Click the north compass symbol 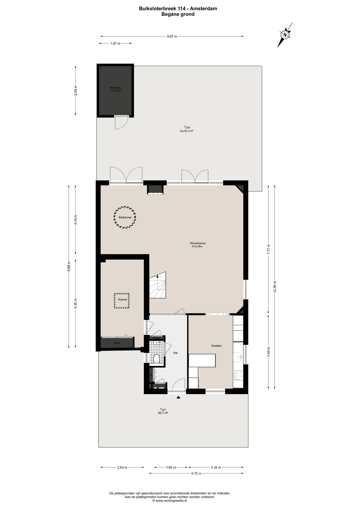(x=285, y=35)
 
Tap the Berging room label (x=116, y=87)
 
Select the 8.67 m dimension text (x=172, y=37)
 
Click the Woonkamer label (x=198, y=243)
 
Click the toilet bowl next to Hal (x=156, y=359)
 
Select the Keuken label (x=216, y=346)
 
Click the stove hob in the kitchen (x=239, y=375)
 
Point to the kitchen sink (x=238, y=357)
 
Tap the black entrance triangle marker (x=178, y=397)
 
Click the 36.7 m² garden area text (x=163, y=413)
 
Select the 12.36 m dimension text (x=275, y=287)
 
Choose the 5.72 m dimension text (x=196, y=473)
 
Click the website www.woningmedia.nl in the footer (x=171, y=501)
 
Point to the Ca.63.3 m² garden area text (x=187, y=131)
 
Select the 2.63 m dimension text (x=122, y=467)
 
